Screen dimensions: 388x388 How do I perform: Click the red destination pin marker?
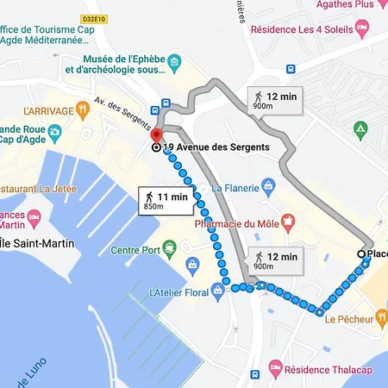click(x=156, y=136)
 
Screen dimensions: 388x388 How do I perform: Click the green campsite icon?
click(x=361, y=129)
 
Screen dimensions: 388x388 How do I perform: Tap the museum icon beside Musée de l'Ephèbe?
click(x=174, y=63)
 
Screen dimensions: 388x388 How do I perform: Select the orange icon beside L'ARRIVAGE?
click(x=82, y=110)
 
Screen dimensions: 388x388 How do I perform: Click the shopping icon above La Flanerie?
click(x=268, y=184)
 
